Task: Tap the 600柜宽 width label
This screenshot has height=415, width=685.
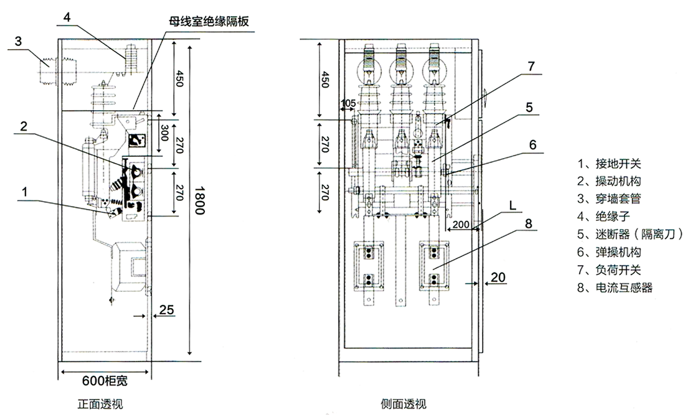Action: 105,381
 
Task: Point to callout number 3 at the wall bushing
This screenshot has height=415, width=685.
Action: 19,42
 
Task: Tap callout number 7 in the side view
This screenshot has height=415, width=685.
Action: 531,65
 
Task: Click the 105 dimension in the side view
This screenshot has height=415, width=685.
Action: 349,103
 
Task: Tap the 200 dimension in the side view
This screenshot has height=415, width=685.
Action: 461,224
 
